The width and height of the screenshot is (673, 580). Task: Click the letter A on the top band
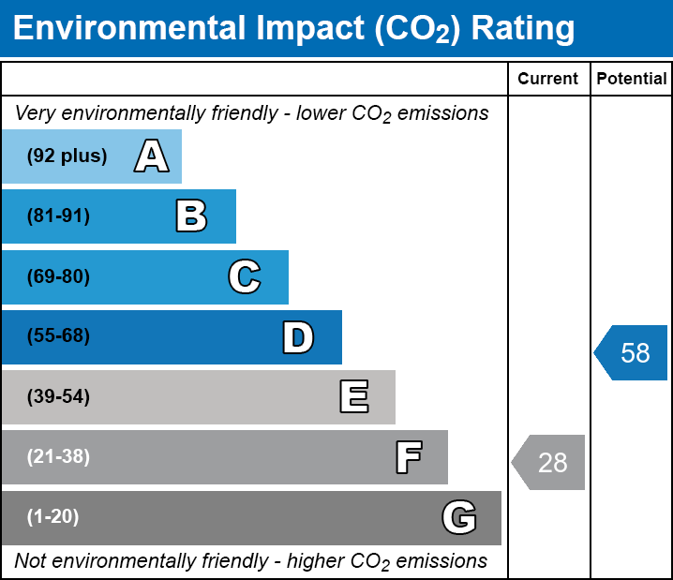151,156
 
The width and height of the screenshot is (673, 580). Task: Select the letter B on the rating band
191,216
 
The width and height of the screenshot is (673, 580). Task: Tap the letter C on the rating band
244,276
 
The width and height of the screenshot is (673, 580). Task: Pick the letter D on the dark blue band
298,337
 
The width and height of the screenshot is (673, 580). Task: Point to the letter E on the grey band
353,397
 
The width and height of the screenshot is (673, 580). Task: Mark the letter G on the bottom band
459,517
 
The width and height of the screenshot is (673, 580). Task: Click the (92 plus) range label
67,156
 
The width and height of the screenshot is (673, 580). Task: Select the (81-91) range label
58,216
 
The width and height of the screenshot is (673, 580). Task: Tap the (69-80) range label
58,276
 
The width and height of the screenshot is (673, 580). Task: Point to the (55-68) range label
58,336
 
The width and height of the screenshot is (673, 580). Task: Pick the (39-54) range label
58,397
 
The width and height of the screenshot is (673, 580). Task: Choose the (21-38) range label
58,457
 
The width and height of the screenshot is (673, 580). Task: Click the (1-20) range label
52,517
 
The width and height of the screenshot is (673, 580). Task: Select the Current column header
547,79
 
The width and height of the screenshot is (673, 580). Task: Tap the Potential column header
632,79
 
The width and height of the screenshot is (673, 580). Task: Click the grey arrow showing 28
549,462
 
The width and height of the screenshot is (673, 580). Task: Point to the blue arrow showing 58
632,353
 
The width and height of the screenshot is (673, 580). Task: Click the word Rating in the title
522,29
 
